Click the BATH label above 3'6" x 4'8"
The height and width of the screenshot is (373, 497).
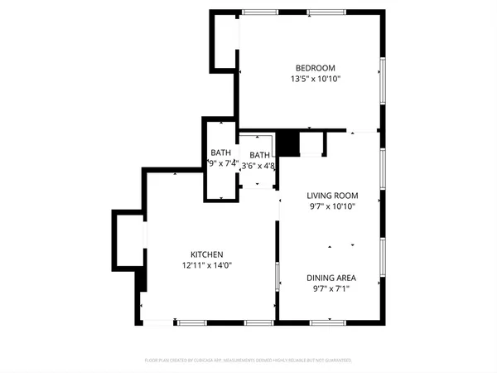260,155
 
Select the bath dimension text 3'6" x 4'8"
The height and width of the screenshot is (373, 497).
258,166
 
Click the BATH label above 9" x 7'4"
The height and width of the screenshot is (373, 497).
220,153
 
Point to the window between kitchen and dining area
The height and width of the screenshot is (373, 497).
277,276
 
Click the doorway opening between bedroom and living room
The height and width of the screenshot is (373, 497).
362,131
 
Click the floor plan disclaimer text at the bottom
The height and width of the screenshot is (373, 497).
248,361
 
